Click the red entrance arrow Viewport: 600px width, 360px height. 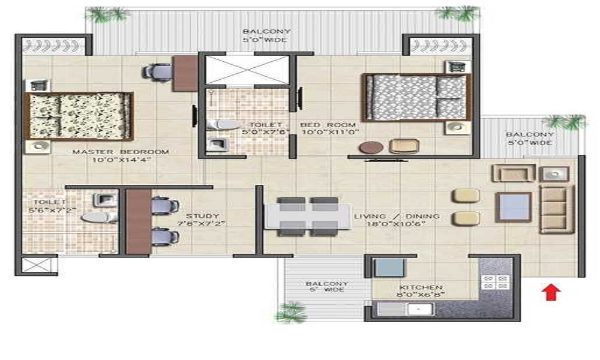pos(551,292)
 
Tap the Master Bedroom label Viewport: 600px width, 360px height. pos(121,152)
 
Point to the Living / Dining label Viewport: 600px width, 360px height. pos(397,216)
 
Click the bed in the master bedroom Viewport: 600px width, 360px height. pos(78,116)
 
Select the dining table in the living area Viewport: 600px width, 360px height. pos(308,216)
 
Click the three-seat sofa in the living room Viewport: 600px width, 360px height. pos(553,208)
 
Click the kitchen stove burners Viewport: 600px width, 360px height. pos(496,282)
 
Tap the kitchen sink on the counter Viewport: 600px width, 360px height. pos(415,310)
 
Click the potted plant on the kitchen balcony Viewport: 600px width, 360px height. pos(292,312)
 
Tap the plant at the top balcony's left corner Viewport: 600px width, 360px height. pos(107,14)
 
